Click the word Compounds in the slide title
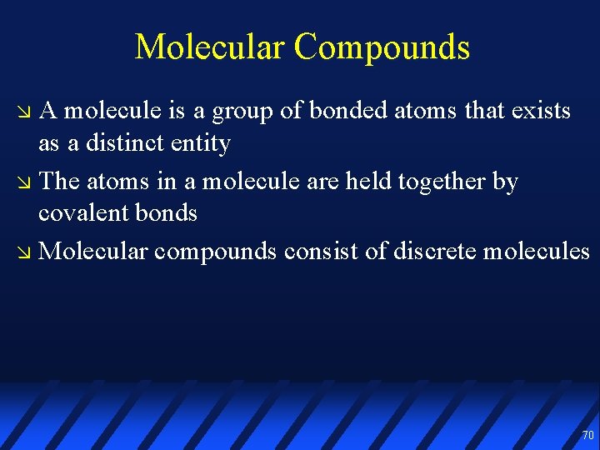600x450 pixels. point(382,48)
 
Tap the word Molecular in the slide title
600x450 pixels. point(210,47)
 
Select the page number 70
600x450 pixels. point(587,435)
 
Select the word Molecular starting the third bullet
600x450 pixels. point(93,251)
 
